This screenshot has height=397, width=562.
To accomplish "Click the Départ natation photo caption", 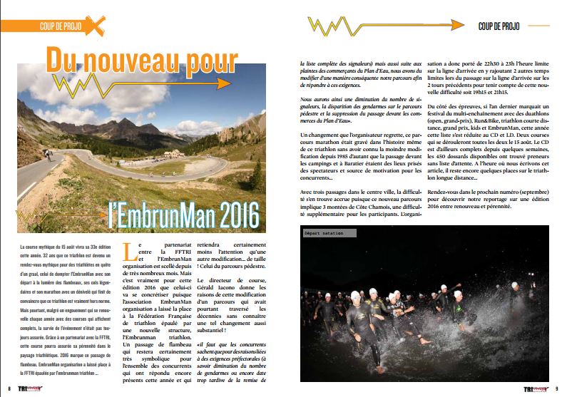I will click(x=324, y=232).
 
